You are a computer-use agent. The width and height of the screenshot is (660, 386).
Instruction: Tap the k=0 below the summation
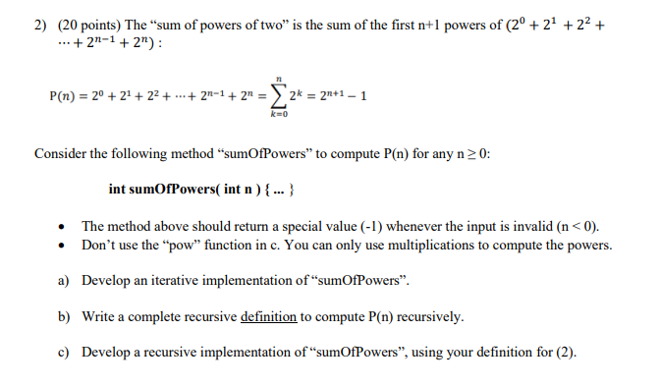(x=281, y=115)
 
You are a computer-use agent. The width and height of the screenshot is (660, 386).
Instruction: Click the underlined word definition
(x=270, y=317)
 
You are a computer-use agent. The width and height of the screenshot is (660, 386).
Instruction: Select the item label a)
(x=64, y=281)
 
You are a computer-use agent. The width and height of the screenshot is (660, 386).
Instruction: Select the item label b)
(x=64, y=317)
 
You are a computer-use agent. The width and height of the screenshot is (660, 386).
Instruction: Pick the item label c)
(x=64, y=354)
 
